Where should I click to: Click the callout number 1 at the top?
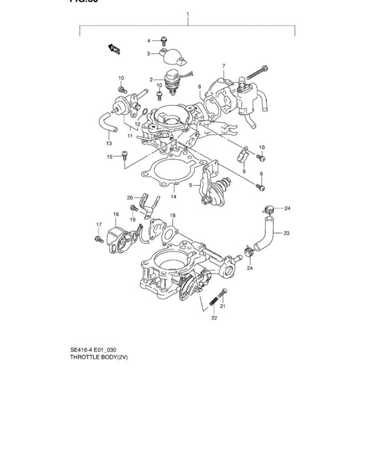pos(188,14)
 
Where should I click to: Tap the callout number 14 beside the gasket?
pos(173,196)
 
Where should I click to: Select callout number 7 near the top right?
pos(223,66)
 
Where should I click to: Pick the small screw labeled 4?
pos(164,40)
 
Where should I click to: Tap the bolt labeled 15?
pos(124,154)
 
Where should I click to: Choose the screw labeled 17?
pos(98,240)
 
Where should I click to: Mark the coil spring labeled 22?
pos(213,302)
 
